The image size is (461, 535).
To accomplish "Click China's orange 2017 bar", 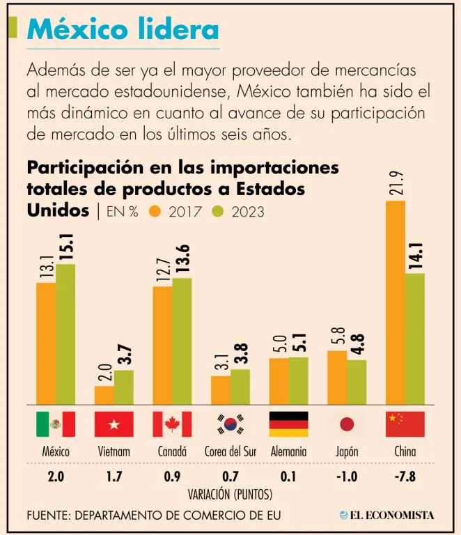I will (396, 302).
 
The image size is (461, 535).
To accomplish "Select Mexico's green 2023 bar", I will (65, 334).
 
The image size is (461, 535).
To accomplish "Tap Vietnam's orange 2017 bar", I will (104, 394).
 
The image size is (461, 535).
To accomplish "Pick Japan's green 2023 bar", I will (357, 381).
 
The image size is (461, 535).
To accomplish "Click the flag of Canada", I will (172, 424).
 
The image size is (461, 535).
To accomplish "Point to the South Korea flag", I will (230, 424).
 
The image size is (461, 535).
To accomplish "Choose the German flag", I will (288, 424).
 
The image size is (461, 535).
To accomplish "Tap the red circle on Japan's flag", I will (347, 424).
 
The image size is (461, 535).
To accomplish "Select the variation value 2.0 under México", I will (56, 477).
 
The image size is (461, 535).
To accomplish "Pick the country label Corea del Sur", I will (230, 451).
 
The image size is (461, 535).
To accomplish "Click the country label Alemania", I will (288, 451).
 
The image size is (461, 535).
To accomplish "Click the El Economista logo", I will (386, 515).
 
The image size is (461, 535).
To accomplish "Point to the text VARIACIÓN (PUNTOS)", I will (230, 494).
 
